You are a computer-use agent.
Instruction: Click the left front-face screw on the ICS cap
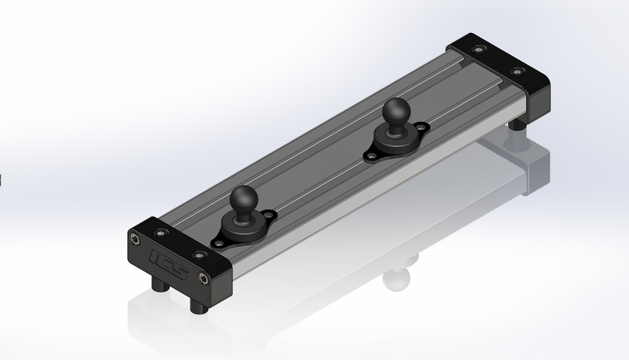pyautogui.click(x=136, y=238)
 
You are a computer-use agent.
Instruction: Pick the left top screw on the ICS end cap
pyautogui.click(x=162, y=231)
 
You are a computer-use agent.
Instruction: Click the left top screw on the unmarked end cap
pyautogui.click(x=476, y=49)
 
